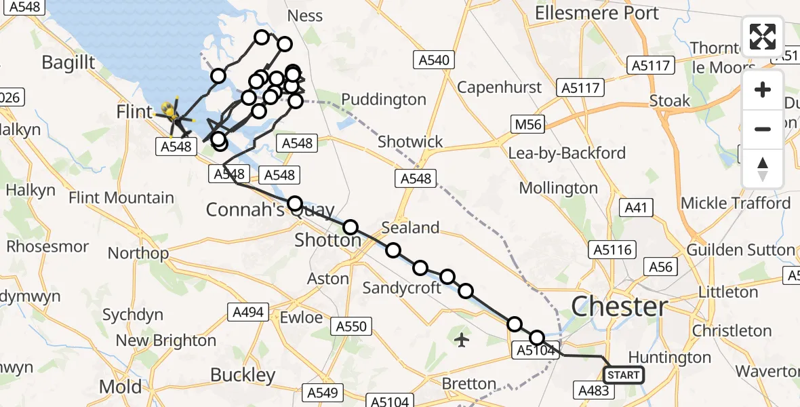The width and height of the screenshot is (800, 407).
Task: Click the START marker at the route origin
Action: pyautogui.click(x=623, y=375)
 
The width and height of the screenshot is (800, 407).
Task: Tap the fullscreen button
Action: pyautogui.click(x=763, y=37)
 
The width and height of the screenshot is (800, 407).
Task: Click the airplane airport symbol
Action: pyautogui.click(x=462, y=339)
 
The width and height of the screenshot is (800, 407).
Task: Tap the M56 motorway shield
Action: pyautogui.click(x=528, y=124)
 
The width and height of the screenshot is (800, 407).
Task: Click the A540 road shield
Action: pyautogui.click(x=434, y=60)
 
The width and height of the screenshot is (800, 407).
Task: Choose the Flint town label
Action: pyautogui.click(x=134, y=112)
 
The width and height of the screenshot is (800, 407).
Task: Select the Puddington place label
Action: pyautogui.click(x=384, y=100)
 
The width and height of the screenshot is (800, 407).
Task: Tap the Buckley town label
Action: pyautogui.click(x=243, y=374)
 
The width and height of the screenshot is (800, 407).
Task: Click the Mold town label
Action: pyautogui.click(x=121, y=387)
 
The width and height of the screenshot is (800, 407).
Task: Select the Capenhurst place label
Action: pyautogui.click(x=500, y=87)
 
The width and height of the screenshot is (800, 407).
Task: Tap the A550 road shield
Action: pyautogui.click(x=352, y=326)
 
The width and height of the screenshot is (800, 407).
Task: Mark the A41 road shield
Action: pyautogui.click(x=637, y=208)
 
